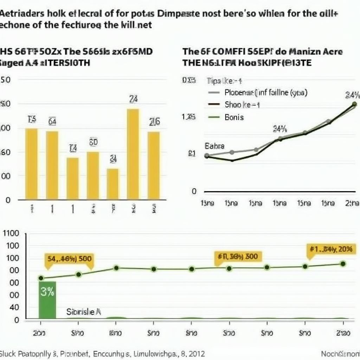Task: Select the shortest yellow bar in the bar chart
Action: pyautogui.click(x=113, y=184)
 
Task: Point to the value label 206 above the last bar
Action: pyautogui.click(x=154, y=122)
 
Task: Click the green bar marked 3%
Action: pyautogui.click(x=47, y=299)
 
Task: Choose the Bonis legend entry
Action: pyautogui.click(x=234, y=117)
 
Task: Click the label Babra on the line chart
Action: pyautogui.click(x=214, y=146)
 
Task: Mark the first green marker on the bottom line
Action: pyautogui.click(x=41, y=278)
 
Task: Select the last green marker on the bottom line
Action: pyautogui.click(x=343, y=264)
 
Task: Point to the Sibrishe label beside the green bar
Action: pyautogui.click(x=84, y=311)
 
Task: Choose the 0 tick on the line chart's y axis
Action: pyautogui.click(x=194, y=192)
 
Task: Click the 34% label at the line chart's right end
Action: pyautogui.click(x=352, y=95)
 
